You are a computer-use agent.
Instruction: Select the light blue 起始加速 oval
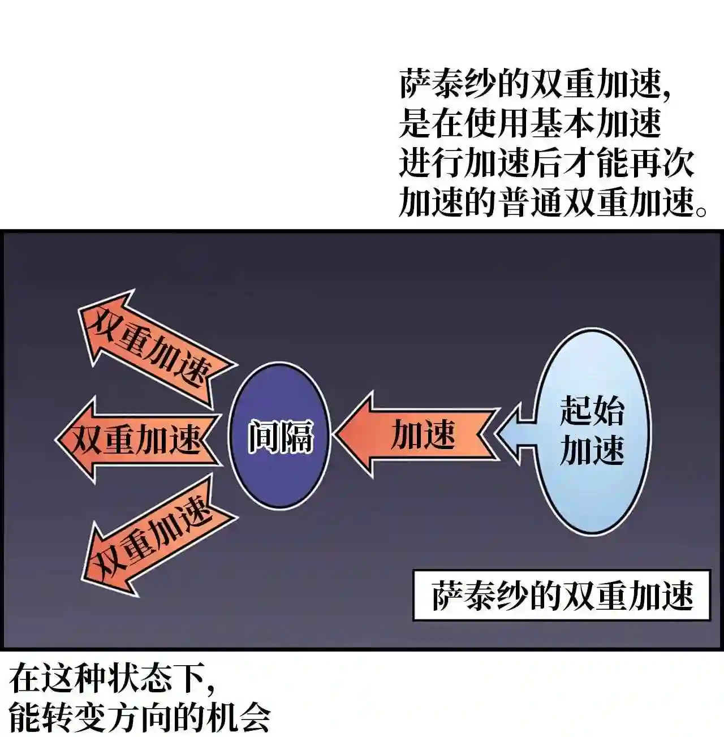point(592,431)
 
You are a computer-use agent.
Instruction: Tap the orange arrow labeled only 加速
point(416,434)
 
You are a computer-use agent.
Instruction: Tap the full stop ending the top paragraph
point(701,210)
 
